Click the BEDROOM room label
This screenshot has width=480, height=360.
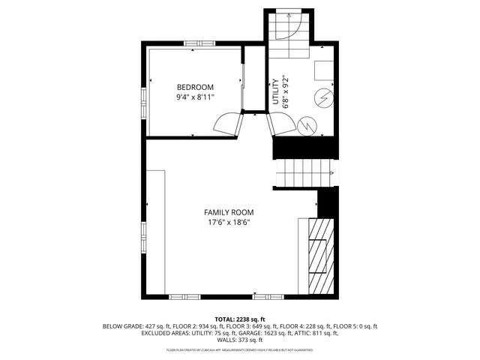coord(195,86)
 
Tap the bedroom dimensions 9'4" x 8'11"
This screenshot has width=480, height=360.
coord(195,97)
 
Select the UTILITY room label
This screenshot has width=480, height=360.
coord(276,92)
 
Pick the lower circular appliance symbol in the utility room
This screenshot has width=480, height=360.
coord(307,124)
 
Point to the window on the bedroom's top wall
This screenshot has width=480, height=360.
coord(199,43)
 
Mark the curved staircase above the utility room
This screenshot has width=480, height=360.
coord(289,34)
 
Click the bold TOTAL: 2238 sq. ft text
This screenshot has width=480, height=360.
coord(240,319)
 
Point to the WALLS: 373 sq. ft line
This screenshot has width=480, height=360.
coord(240,341)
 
